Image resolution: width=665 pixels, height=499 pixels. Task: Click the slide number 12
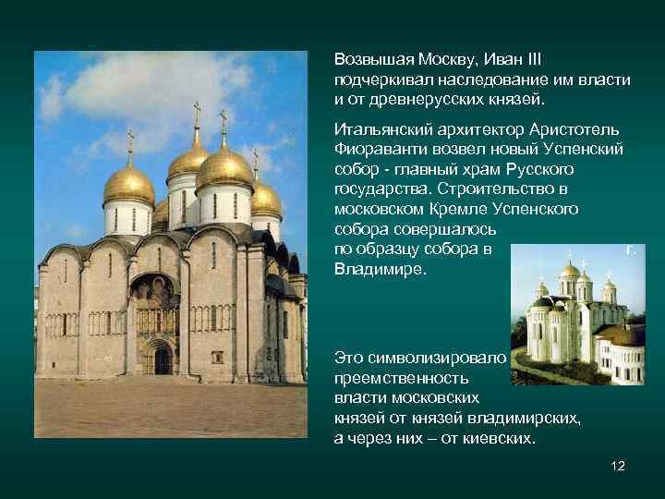click(x=618, y=466)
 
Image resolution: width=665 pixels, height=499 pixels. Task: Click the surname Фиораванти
click(x=377, y=148)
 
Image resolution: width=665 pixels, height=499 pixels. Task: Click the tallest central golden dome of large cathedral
click(x=224, y=166)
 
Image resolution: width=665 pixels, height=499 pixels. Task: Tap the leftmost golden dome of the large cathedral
click(x=128, y=184)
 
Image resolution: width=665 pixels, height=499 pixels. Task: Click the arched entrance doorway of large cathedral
click(x=162, y=358)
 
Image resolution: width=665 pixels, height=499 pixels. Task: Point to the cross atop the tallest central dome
click(x=224, y=121)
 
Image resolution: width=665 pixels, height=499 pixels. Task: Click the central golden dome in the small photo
click(x=571, y=271)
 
